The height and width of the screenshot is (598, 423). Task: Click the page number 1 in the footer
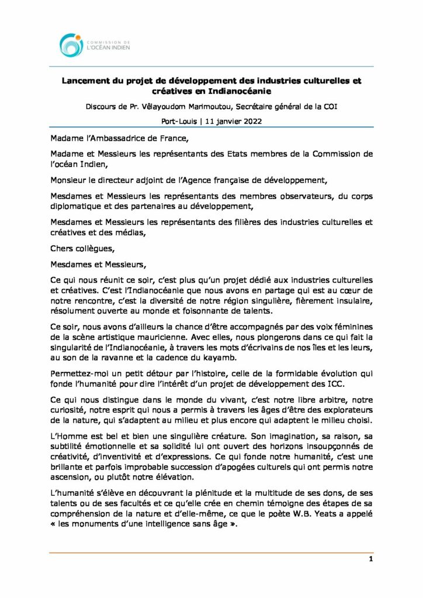point(370,559)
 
